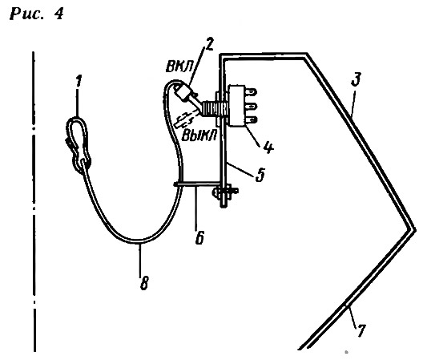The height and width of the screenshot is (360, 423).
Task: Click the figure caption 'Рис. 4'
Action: coord(37,14)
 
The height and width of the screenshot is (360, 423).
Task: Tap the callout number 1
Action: coord(79,81)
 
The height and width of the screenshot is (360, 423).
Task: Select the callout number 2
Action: coord(209,44)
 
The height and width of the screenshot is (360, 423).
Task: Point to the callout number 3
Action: coord(356,79)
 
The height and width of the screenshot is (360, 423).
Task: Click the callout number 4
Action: coord(268,148)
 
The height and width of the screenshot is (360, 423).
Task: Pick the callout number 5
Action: coord(260,175)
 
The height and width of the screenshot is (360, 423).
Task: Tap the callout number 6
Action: coord(199,237)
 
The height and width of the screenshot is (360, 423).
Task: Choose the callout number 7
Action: coord(361,330)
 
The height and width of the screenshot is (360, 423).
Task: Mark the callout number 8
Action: coord(144,283)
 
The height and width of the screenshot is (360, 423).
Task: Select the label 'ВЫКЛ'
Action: coord(199,135)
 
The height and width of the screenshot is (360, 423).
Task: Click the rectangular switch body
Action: coord(236,106)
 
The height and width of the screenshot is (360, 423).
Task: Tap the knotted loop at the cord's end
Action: coord(79,145)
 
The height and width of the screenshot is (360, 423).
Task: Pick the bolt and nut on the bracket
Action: coord(224,192)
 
